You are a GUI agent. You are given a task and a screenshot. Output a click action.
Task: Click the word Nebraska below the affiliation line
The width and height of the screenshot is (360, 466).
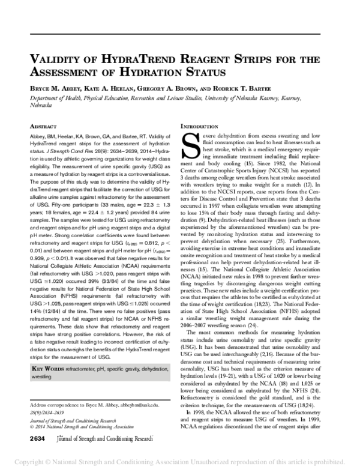[x=41, y=104]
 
